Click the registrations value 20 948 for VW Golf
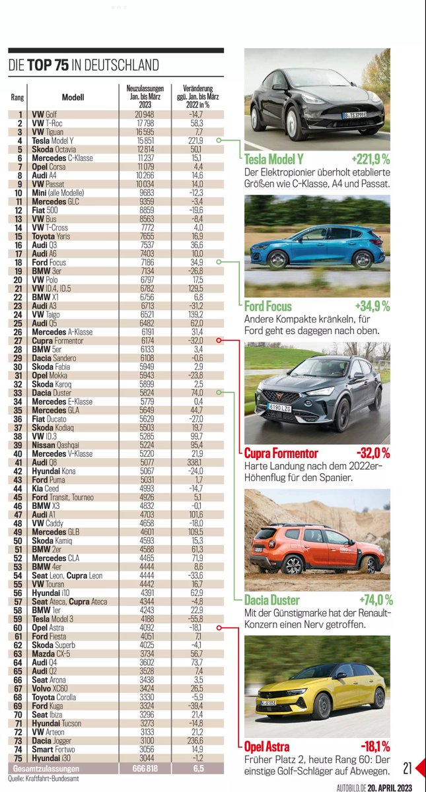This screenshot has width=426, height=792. pyautogui.click(x=143, y=115)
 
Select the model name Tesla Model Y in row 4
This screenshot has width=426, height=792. pyautogui.click(x=62, y=141)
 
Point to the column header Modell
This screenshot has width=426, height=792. pyautogui.click(x=73, y=97)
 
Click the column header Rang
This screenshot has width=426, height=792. pyautogui.click(x=18, y=97)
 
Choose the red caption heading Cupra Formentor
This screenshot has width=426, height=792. pyautogui.click(x=281, y=453)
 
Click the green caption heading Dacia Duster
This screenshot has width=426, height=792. pyautogui.click(x=271, y=600)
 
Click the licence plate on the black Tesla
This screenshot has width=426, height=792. pyautogui.click(x=355, y=116)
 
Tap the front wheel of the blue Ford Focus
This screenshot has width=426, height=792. pyautogui.click(x=277, y=259)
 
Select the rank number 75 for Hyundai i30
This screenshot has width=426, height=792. pyautogui.click(x=20, y=759)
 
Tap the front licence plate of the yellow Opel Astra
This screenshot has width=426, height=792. pyautogui.click(x=268, y=706)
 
